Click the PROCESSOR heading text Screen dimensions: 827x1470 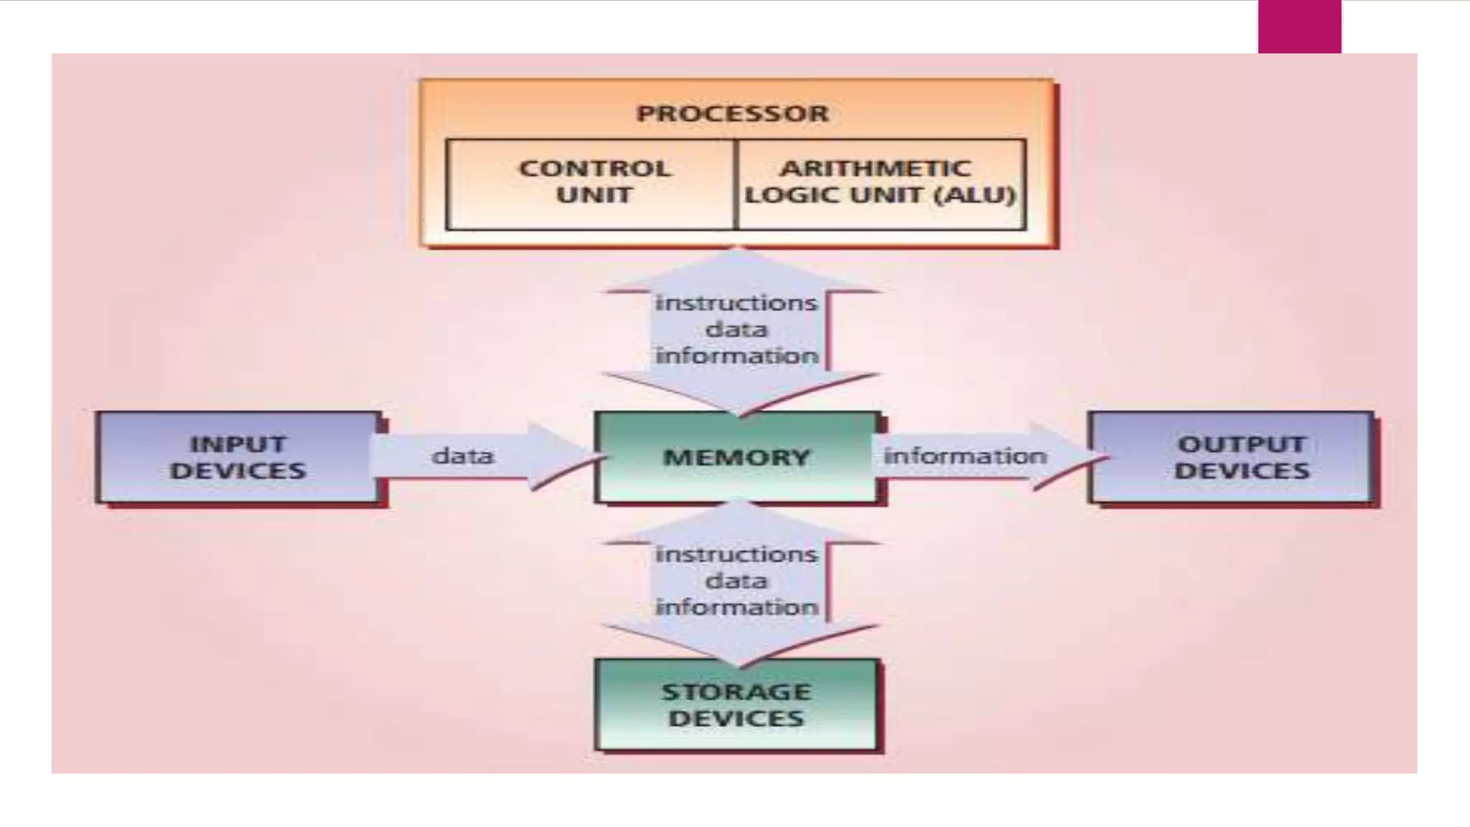(x=732, y=113)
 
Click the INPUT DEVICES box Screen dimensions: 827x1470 (x=238, y=457)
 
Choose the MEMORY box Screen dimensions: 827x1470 (x=736, y=457)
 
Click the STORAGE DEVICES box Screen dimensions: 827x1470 (x=736, y=705)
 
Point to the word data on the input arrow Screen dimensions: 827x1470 (x=463, y=456)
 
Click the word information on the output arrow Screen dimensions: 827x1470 (x=965, y=456)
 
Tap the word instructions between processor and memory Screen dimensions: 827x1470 (x=736, y=303)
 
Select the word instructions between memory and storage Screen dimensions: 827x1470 (x=736, y=554)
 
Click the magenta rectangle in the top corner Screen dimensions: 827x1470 (x=1299, y=27)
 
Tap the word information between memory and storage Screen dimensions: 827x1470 (x=736, y=607)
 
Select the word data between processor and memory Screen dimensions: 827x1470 (x=736, y=330)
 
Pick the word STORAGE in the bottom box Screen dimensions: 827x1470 (x=736, y=692)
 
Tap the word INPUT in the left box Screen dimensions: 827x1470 (x=238, y=444)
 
